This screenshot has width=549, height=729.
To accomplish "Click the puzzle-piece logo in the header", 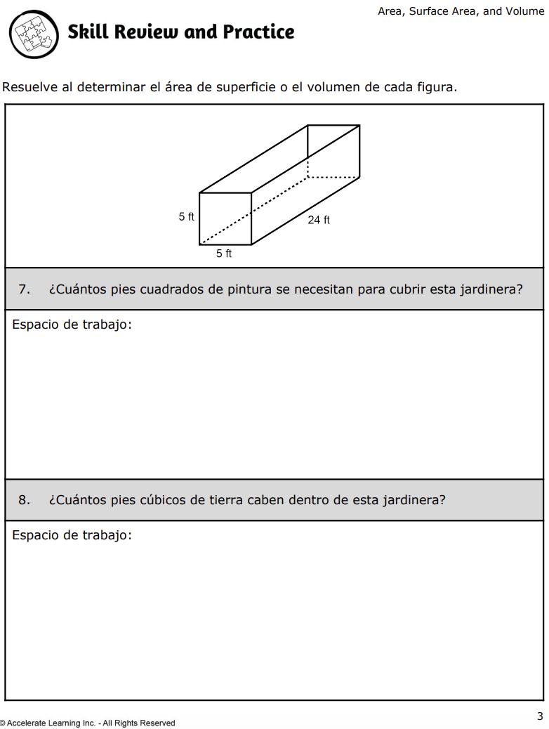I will pos(34,34).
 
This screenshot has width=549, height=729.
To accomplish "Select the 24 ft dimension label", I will pos(319,220).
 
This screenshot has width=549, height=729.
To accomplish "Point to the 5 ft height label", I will pos(186,217).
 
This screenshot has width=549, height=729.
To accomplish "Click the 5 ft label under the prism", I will pos(224,254).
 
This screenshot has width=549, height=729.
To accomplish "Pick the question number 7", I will pos(24,289).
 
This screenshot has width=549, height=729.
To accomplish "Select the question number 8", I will pos(24,500).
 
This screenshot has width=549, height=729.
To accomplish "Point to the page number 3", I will pos(540,716).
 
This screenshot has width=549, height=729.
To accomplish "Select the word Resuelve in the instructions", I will pos(30,88).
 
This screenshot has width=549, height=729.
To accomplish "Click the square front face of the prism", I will pos(225,218).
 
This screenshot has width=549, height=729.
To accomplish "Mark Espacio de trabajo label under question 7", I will pos(72,324).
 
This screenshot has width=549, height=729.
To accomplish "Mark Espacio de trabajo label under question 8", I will pos(72,535).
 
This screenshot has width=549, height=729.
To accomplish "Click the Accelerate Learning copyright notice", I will pos(88,723).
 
